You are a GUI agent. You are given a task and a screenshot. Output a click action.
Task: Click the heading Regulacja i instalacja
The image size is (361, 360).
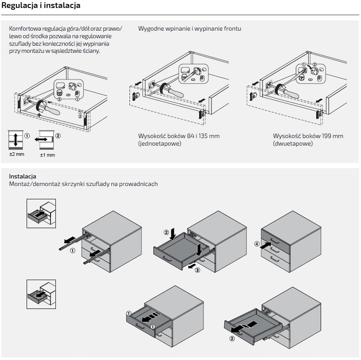point(41,6)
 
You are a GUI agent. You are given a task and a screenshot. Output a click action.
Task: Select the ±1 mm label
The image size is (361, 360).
point(47,155)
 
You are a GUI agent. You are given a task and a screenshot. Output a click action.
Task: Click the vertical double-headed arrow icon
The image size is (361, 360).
point(16,140)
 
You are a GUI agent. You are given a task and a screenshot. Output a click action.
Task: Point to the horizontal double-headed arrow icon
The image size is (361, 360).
point(45,140)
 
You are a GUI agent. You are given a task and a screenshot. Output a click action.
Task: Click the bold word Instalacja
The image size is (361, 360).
point(23,176)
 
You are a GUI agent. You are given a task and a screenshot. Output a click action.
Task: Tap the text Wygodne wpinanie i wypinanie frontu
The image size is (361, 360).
point(189,29)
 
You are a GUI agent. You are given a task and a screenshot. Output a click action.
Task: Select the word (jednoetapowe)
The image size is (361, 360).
point(159,144)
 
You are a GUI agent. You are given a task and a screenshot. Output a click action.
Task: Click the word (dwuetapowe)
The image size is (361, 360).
point(293,144)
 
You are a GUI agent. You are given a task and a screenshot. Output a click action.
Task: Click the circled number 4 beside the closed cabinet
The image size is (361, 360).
point(256,244)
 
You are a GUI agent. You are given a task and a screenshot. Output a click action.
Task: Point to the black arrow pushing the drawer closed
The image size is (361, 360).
point(266,243)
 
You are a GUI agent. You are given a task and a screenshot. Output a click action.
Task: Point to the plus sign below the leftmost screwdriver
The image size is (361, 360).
point(39,115)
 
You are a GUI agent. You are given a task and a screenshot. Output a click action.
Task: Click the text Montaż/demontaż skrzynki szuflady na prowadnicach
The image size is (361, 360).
point(83,184)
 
